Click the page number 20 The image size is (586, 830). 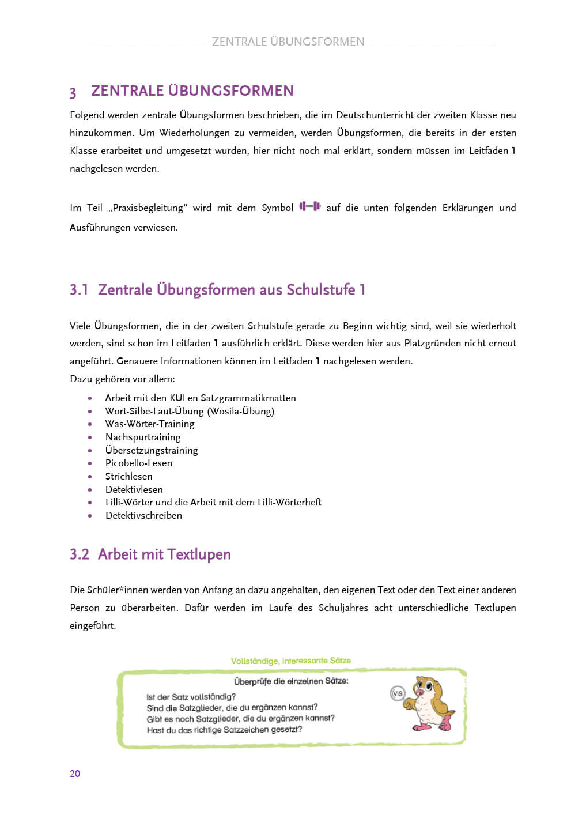[75, 774]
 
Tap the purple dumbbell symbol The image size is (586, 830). [309, 206]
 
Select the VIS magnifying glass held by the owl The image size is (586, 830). [398, 693]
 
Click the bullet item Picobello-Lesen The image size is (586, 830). [138, 463]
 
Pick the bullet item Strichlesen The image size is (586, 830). [128, 476]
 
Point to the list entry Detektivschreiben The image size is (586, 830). [143, 515]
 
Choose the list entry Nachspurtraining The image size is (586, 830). [143, 437]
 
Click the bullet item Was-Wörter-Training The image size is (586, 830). [150, 424]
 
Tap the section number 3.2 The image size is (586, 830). [80, 554]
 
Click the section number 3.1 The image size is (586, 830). [79, 290]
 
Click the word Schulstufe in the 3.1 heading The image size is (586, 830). [320, 290]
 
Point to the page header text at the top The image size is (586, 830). [288, 41]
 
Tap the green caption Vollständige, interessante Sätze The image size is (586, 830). [290, 661]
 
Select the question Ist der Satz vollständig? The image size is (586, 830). [191, 697]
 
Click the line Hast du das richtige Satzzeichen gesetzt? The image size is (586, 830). [224, 730]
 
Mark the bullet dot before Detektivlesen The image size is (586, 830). [90, 489]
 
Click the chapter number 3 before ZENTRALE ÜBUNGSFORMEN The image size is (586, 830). [73, 92]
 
